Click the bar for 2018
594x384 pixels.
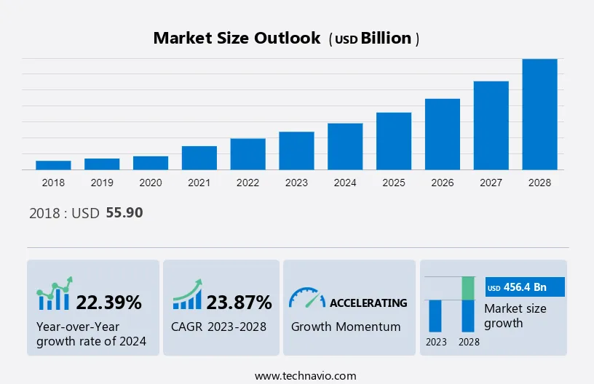pyautogui.click(x=53, y=165)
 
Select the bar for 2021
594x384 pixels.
pyautogui.click(x=199, y=158)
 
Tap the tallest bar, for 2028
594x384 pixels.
pyautogui.click(x=539, y=114)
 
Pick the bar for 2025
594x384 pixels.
pyautogui.click(x=394, y=141)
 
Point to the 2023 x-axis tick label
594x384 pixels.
pyautogui.click(x=296, y=183)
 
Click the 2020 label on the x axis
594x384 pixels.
pyautogui.click(x=151, y=183)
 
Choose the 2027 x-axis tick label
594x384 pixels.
pyautogui.click(x=491, y=183)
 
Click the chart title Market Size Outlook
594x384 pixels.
pyautogui.click(x=237, y=39)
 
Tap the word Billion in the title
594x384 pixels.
pyautogui.click(x=386, y=39)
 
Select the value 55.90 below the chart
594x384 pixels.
pyautogui.click(x=124, y=213)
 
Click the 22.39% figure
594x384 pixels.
pyautogui.click(x=109, y=303)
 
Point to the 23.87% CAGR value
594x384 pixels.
pyautogui.click(x=239, y=303)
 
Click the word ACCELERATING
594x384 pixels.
pyautogui.click(x=368, y=303)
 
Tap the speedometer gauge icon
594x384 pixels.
pyautogui.click(x=306, y=297)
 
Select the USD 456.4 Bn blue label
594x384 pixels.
pyautogui.click(x=524, y=287)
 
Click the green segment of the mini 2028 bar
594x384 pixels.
pyautogui.click(x=470, y=288)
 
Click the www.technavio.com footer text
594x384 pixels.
pyautogui.click(x=305, y=376)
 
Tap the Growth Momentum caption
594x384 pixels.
pyautogui.click(x=346, y=327)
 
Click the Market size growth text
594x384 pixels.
pyautogui.click(x=515, y=316)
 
